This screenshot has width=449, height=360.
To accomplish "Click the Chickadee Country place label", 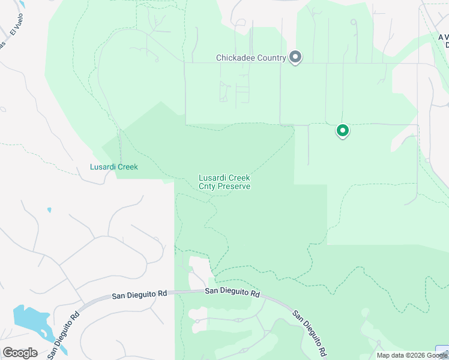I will coord(251,58).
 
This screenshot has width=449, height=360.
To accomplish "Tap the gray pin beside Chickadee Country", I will coord(295,57).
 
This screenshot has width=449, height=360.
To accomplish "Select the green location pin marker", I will coord(342,130).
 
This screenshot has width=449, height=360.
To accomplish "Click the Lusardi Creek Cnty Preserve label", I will coord(224,182).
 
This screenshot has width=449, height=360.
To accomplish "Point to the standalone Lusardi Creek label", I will coord(114,167).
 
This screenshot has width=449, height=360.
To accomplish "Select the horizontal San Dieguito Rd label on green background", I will coord(232,293).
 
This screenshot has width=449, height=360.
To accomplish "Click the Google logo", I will coord(20,353).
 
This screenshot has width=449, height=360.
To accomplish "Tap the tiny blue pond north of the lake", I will coord(49,210).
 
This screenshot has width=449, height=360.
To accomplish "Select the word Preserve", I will coord(235,187).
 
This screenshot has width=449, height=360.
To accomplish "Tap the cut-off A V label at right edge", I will coord(444,37).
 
